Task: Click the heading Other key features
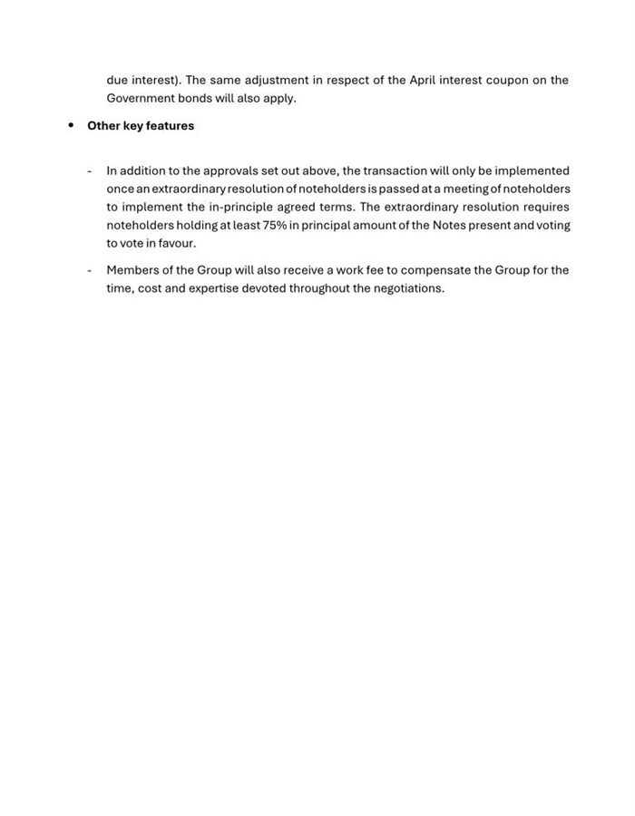(141, 126)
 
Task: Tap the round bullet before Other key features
(71, 125)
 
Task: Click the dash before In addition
(90, 170)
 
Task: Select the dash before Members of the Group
(90, 270)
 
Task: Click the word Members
(132, 270)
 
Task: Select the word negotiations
(408, 288)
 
